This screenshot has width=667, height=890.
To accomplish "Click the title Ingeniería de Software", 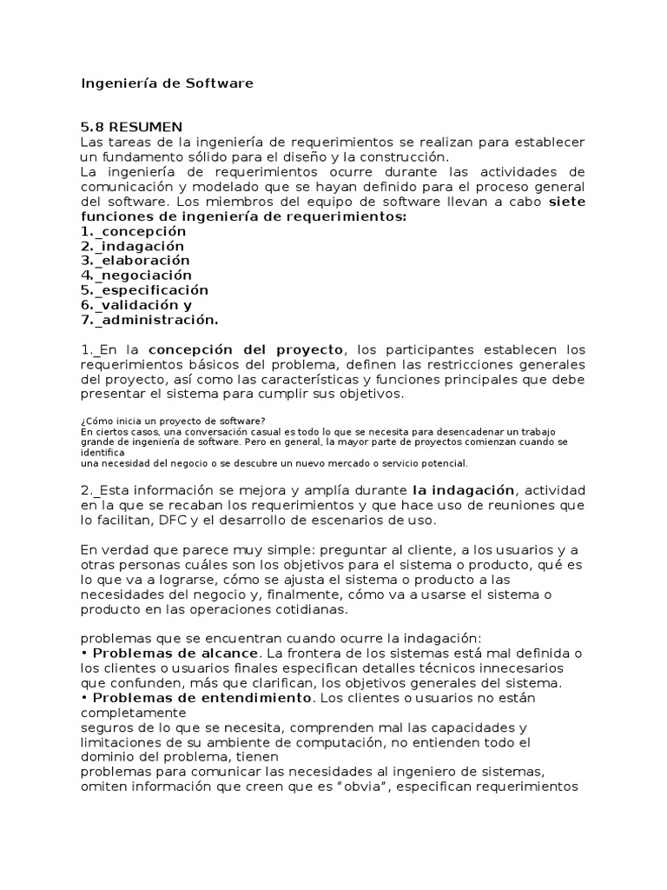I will point(167,83).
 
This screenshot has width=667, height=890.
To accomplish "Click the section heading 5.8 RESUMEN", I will point(131,128).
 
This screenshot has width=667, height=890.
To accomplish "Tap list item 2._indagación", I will point(132,246).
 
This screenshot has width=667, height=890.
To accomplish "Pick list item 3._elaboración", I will point(135,261).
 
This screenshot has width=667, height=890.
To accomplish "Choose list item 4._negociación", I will point(136,276).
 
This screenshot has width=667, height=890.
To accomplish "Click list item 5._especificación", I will point(144,290).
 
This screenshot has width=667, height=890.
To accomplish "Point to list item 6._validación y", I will point(136,305).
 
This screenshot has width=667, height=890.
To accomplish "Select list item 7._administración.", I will point(149,320).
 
